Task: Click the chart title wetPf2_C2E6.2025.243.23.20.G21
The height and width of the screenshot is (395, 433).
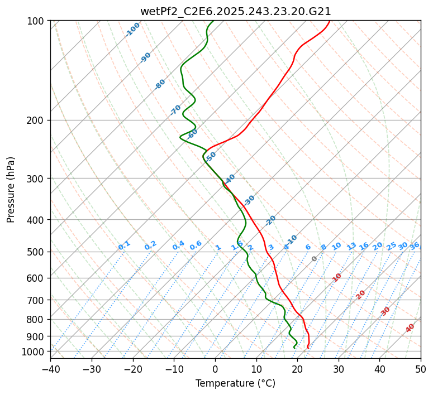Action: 235,11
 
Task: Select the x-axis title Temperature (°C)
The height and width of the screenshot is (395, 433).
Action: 235,383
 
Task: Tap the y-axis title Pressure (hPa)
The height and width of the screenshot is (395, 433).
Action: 11,190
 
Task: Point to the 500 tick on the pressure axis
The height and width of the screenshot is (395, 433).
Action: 36,252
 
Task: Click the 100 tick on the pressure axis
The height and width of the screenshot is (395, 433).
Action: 36,21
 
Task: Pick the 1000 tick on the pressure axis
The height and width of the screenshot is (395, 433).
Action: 34,351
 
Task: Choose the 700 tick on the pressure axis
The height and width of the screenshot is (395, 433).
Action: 36,300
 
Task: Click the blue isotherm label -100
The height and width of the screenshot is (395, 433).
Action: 132,30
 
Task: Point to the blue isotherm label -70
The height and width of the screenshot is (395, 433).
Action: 175,110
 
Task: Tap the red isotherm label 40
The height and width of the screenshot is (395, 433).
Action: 410,328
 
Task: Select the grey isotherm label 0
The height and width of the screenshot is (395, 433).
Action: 315,259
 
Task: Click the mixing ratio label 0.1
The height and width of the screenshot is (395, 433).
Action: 124,245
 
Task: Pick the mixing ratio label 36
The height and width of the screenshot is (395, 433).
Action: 415,246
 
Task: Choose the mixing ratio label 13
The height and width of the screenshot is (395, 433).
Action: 351,246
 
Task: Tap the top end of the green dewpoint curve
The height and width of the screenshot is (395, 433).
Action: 213,21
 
